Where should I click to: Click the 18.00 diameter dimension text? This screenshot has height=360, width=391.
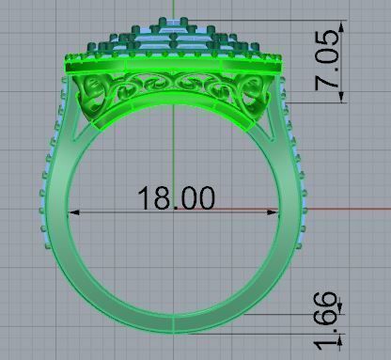tap(176, 198)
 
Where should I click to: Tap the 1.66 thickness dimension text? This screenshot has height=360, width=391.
tap(325, 321)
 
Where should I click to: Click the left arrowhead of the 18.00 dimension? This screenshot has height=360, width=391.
tap(76, 212)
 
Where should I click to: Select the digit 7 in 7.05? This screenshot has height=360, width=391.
tap(328, 83)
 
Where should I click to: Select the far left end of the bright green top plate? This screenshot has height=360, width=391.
tap(62, 64)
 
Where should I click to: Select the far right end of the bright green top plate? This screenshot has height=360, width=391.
tap(285, 65)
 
